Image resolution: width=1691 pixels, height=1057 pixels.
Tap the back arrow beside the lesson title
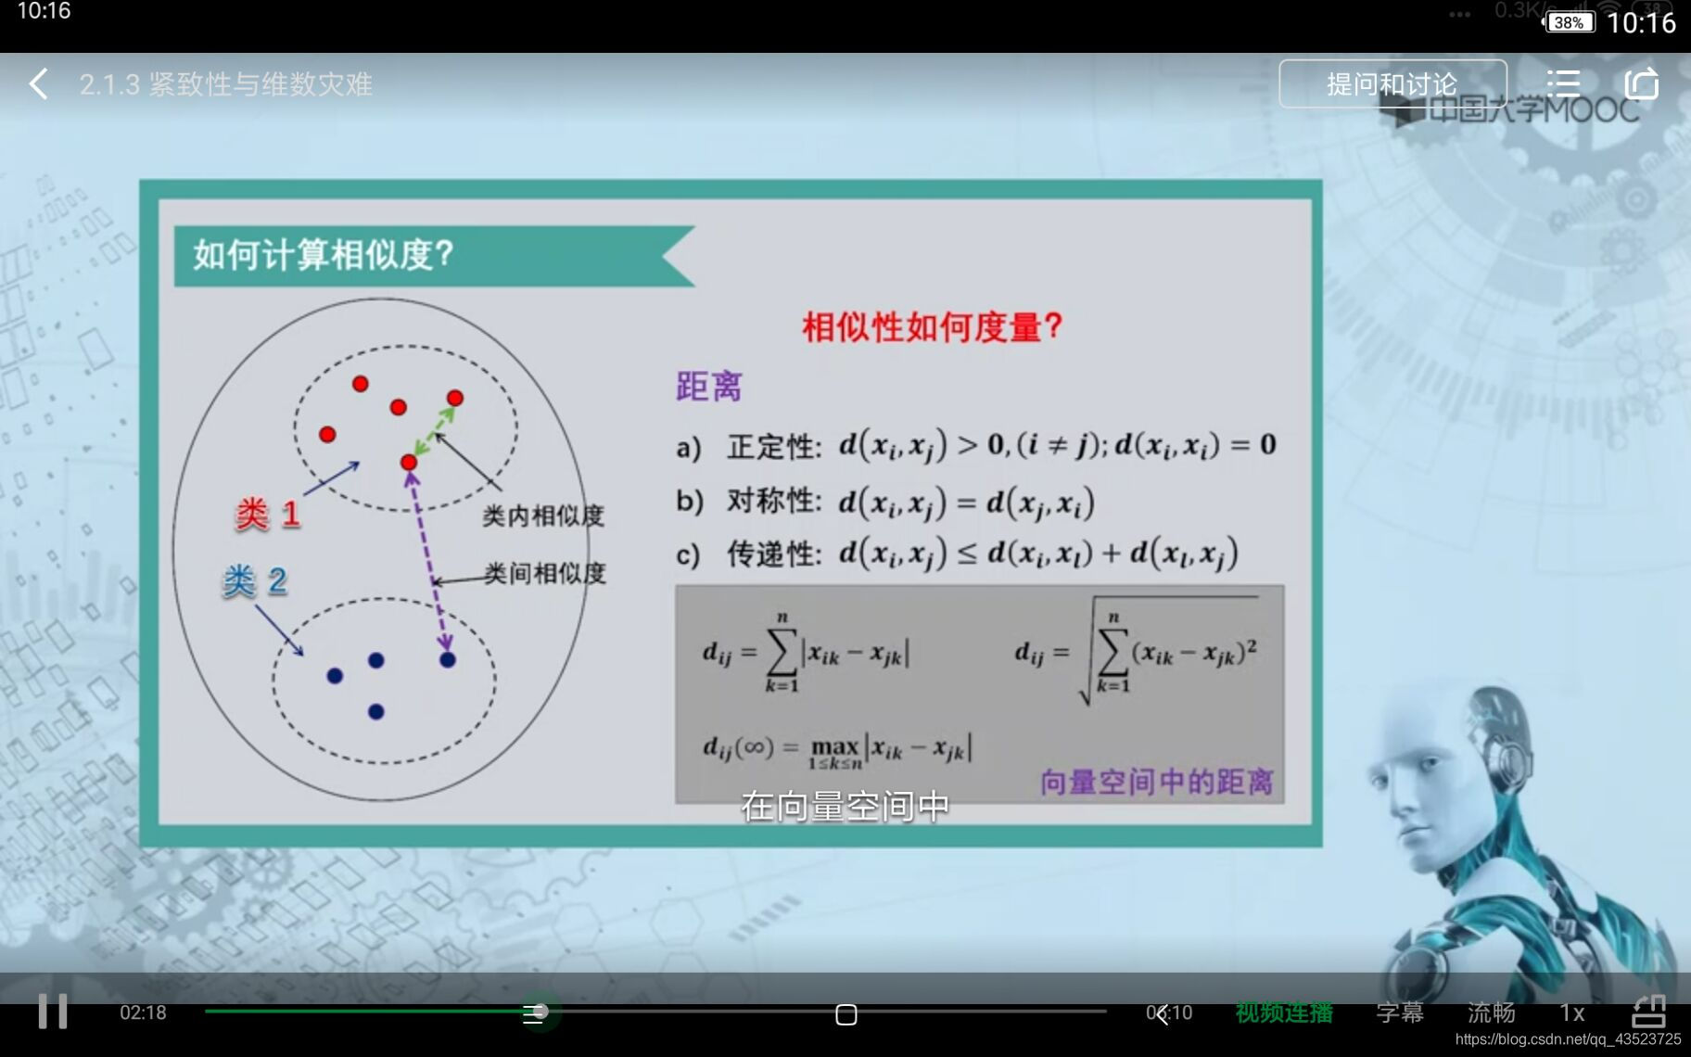[x=38, y=84]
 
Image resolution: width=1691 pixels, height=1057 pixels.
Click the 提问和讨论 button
[x=1392, y=84]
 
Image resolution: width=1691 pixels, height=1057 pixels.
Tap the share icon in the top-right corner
[x=1641, y=84]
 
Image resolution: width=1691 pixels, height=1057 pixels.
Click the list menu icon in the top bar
[x=1563, y=84]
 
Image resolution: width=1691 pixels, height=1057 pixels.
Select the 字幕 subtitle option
[x=1399, y=1012]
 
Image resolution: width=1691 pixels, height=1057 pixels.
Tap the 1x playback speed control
[x=1571, y=1012]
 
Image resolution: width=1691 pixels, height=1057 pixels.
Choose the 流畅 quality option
[x=1491, y=1012]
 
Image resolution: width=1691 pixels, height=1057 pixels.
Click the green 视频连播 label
[x=1284, y=1012]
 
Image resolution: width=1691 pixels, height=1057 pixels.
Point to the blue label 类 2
[x=255, y=581]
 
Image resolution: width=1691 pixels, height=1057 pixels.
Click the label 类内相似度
[x=543, y=516]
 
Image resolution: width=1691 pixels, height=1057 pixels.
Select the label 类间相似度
[x=545, y=573]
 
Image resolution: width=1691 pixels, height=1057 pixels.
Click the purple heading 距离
[x=709, y=387]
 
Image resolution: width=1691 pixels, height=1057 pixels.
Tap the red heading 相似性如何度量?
[x=932, y=326]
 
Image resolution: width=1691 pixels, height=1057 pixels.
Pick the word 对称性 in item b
[x=773, y=502]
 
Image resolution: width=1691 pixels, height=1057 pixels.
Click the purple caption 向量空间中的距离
[x=1156, y=782]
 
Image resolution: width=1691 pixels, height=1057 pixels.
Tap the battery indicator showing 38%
[x=1568, y=22]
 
